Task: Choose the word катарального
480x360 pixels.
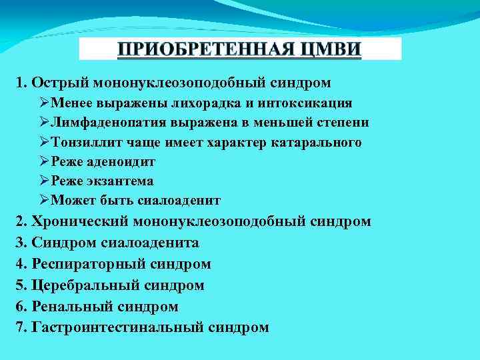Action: point(317,142)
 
